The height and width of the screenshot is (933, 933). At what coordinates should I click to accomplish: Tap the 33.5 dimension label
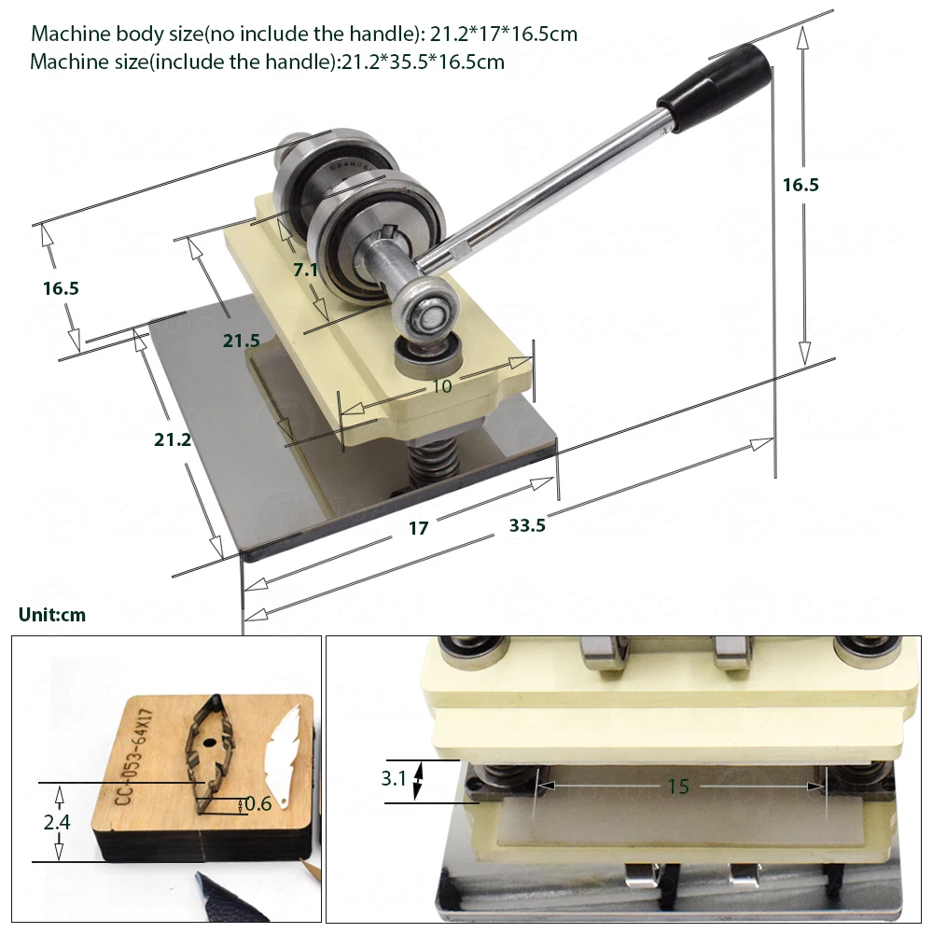[527, 525]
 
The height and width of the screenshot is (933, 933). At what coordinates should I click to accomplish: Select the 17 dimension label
[418, 528]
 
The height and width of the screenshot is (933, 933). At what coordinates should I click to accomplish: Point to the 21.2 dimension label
[173, 439]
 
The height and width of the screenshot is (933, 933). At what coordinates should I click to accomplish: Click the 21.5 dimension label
[242, 341]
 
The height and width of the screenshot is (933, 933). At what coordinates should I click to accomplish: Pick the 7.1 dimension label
[306, 270]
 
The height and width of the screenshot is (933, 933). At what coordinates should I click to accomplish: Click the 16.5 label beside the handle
[801, 185]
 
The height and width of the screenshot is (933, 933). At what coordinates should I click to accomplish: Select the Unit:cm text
[51, 615]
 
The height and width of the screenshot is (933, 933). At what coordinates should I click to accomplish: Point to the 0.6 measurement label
[257, 803]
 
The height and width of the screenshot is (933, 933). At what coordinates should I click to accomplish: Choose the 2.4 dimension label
[57, 822]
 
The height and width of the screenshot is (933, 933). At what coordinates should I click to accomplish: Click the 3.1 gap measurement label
[393, 778]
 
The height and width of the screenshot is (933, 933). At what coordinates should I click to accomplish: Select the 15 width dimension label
[677, 787]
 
